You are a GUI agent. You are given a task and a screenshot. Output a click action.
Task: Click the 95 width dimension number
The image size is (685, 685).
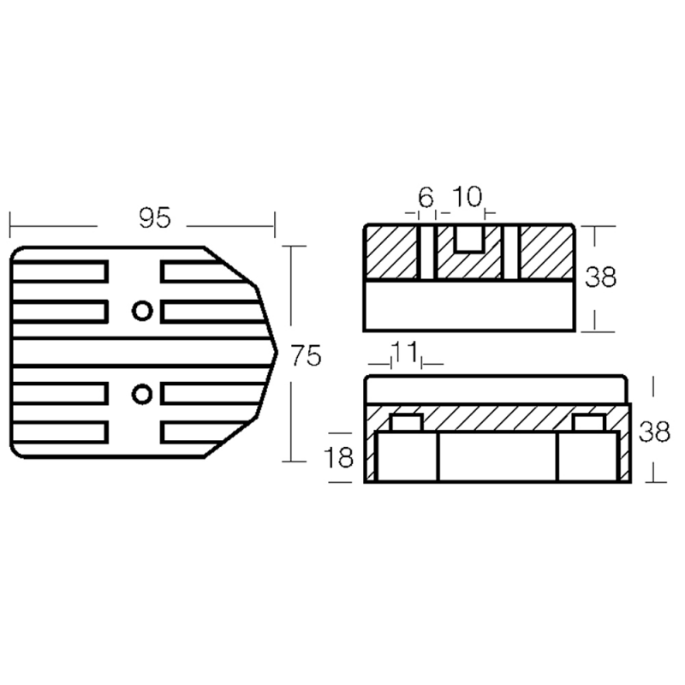click(155, 219)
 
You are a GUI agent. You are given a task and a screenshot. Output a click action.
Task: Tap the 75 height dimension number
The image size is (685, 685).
click(306, 355)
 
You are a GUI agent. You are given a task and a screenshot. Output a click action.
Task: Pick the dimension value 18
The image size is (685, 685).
click(340, 458)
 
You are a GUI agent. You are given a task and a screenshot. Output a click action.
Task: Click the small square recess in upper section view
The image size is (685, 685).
click(468, 239)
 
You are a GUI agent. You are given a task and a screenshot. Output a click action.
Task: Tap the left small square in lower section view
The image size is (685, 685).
click(405, 423)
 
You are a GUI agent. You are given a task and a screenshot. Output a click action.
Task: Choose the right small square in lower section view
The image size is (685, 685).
click(587, 423)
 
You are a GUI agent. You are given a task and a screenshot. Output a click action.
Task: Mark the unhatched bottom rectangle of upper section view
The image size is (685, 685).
click(468, 306)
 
